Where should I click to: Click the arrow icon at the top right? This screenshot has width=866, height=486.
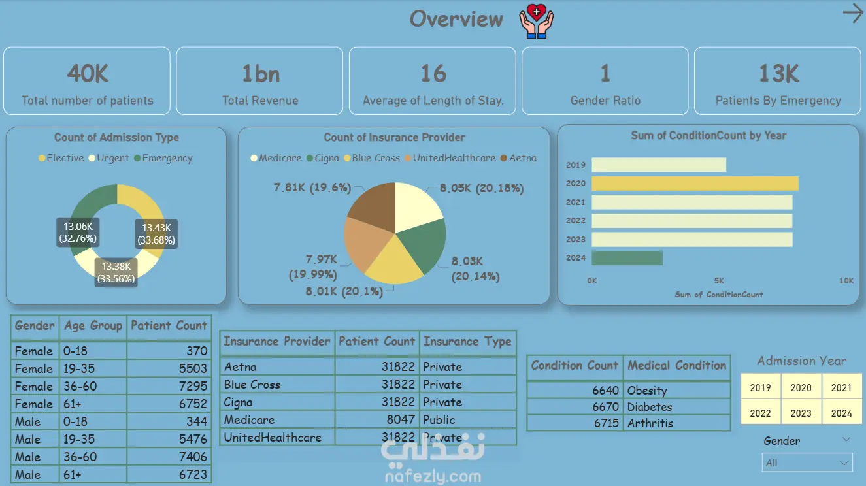coord(852,14)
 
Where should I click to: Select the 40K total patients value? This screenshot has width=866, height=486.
coord(88,74)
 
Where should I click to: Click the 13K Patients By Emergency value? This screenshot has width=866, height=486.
coord(778,74)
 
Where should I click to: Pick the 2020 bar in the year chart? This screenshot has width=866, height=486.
coord(695,184)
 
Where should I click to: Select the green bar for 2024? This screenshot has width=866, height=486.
coord(627,258)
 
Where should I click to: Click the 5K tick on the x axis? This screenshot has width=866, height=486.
coord(719,281)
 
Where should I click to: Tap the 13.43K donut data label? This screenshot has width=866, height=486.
coord(157,234)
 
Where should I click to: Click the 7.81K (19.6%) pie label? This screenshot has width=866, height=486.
coord(312,188)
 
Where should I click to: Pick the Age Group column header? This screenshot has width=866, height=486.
coord(93,326)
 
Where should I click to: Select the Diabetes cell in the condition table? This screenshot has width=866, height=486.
coord(650,407)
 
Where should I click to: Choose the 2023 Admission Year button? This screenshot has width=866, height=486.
coord(801,413)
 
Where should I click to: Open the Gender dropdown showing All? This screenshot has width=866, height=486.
coord(808,462)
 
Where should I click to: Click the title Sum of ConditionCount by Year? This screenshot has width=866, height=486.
coord(708,136)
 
